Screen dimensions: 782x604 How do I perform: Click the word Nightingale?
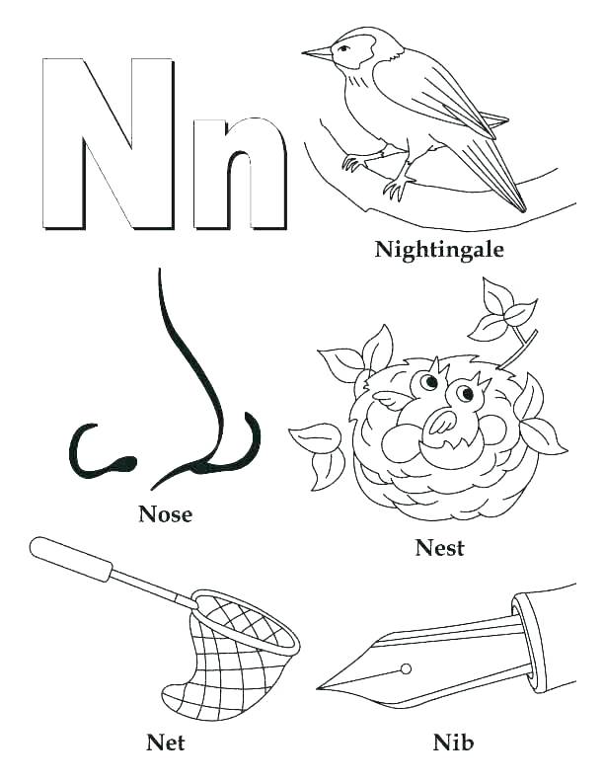tap(439, 249)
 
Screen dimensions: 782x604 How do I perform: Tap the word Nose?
tap(166, 513)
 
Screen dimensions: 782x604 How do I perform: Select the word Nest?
tap(439, 548)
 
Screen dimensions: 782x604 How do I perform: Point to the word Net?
tap(166, 741)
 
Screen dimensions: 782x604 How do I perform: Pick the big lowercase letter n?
tap(239, 173)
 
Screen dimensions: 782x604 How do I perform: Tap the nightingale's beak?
tap(317, 53)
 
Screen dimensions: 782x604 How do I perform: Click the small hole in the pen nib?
tap(405, 669)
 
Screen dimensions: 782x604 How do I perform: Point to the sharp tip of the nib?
tap(322, 687)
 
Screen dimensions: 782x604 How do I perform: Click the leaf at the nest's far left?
tap(316, 439)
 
